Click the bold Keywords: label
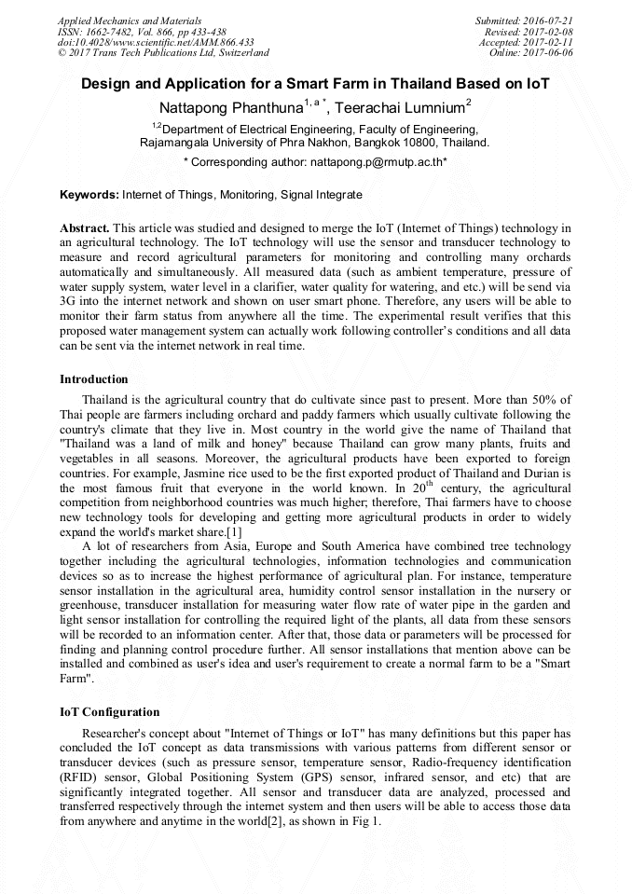89,195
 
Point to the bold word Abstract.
85,228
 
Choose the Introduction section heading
94,379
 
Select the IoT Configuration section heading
109,711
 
